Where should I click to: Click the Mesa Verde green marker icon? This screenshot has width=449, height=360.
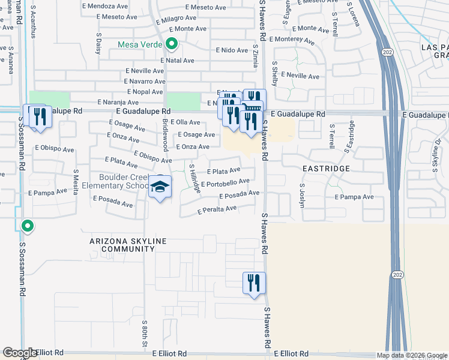pyautogui.click(x=172, y=44)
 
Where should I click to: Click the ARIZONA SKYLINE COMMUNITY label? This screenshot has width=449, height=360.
pyautogui.click(x=128, y=245)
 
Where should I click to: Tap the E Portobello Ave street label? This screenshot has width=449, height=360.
pyautogui.click(x=225, y=182)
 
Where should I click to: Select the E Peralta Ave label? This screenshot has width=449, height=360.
pyautogui.click(x=217, y=210)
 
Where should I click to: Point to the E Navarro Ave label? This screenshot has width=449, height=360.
pyautogui.click(x=143, y=81)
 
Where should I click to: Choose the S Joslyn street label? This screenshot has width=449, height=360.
pyautogui.click(x=301, y=194)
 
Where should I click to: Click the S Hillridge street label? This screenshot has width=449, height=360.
pyautogui.click(x=195, y=178)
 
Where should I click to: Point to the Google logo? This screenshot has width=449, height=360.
pyautogui.click(x=20, y=353)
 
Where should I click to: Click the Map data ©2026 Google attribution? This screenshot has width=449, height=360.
pyautogui.click(x=411, y=355)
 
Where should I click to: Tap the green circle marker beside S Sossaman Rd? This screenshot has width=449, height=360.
pyautogui.click(x=26, y=226)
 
